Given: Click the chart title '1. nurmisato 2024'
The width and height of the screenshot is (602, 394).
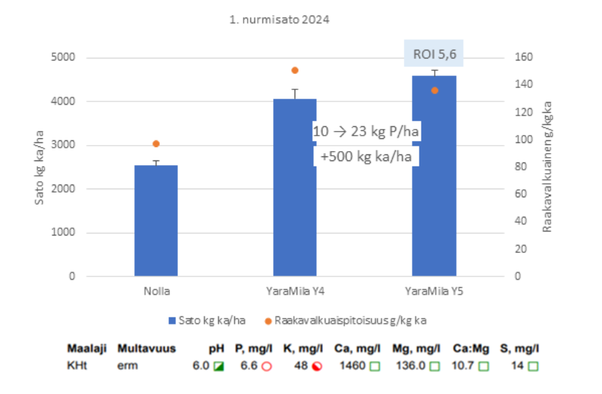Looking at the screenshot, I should point(279,19).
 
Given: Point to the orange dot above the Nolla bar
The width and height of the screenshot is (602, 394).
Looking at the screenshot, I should point(156,144).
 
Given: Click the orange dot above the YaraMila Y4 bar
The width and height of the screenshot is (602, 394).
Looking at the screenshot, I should point(295,70).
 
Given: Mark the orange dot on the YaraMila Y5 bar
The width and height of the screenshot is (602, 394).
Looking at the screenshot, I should point(434,90).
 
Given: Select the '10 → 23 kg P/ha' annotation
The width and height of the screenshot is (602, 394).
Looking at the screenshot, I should point(366,132).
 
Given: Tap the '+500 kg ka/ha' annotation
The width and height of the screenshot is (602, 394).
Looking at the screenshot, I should point(366,156).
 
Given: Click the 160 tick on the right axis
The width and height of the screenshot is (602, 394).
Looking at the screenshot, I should point(522,58).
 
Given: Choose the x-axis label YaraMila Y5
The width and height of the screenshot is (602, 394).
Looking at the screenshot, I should point(434,292).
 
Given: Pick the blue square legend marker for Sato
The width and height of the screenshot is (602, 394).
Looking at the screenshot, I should point(173,321).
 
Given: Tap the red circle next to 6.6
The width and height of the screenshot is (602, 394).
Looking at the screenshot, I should point(266,366).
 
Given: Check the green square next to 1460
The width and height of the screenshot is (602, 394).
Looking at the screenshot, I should point(375,366).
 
